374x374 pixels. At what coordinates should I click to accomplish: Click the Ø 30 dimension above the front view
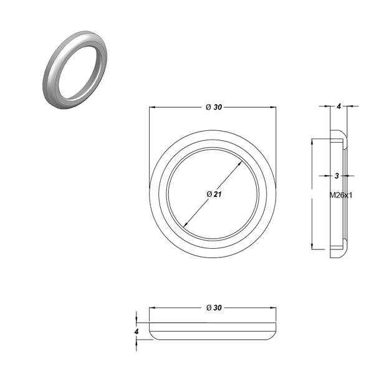214,107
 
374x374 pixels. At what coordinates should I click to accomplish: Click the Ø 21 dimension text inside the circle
214,194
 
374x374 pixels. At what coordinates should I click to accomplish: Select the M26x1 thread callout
340,195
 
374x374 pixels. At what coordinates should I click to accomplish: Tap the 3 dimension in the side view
337,176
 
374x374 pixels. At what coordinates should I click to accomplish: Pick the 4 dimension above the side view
339,107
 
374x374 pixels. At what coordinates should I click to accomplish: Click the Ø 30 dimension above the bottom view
214,308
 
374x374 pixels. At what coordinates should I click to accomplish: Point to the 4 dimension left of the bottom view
137,332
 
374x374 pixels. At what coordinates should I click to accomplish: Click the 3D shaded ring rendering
75,70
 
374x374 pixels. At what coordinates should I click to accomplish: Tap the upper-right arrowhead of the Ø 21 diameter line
241,163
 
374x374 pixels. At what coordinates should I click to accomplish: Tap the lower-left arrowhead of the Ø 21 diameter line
185,224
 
